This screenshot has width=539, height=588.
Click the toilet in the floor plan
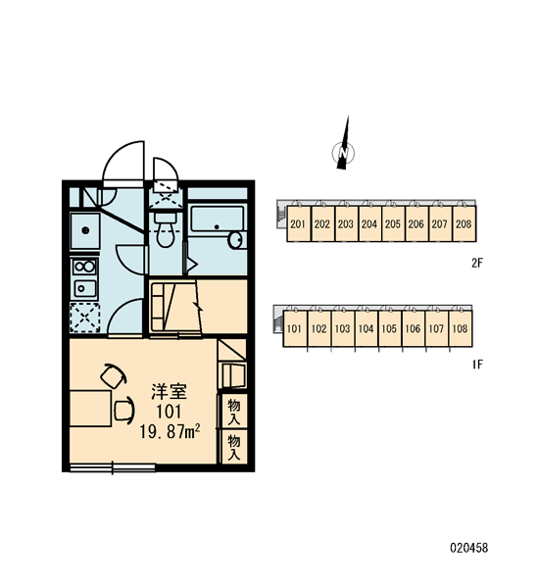[165, 229]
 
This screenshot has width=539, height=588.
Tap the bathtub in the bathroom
[217, 219]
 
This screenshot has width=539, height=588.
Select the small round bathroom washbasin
[236, 240]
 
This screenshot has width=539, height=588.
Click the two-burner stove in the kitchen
[84, 267]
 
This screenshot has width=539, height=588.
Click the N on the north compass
[343, 153]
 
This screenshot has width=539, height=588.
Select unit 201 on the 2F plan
[298, 223]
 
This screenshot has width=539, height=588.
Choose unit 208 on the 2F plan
[464, 223]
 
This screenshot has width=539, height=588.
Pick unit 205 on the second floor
[393, 223]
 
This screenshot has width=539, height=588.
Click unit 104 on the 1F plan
[367, 329]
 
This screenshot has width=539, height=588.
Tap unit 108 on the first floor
[461, 329]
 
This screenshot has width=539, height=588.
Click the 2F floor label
[476, 264]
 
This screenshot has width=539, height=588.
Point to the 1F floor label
[477, 365]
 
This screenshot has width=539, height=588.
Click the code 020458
[469, 548]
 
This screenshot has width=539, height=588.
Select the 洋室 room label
[169, 391]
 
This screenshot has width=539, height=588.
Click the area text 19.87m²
[170, 431]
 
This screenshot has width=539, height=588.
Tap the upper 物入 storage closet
[233, 412]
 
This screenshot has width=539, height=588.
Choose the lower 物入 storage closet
[233, 447]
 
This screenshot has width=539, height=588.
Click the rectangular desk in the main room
[90, 409]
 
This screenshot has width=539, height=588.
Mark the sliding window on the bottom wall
[113, 467]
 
